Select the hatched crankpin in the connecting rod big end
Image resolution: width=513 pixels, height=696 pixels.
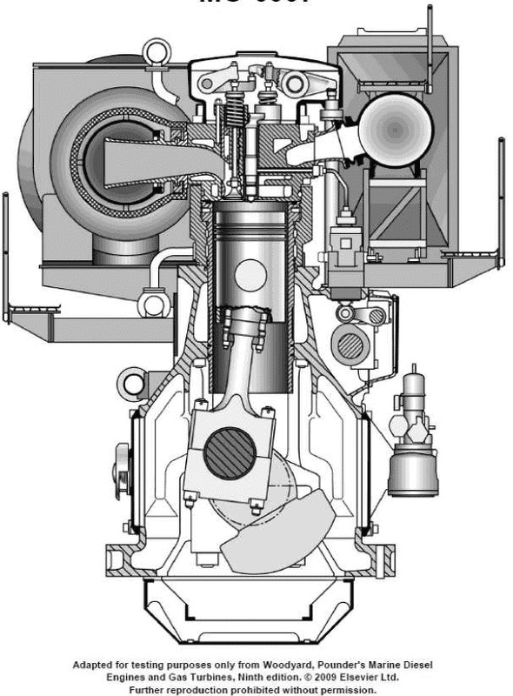click(230, 454)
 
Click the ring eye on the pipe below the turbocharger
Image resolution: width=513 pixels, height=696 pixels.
click(153, 305)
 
